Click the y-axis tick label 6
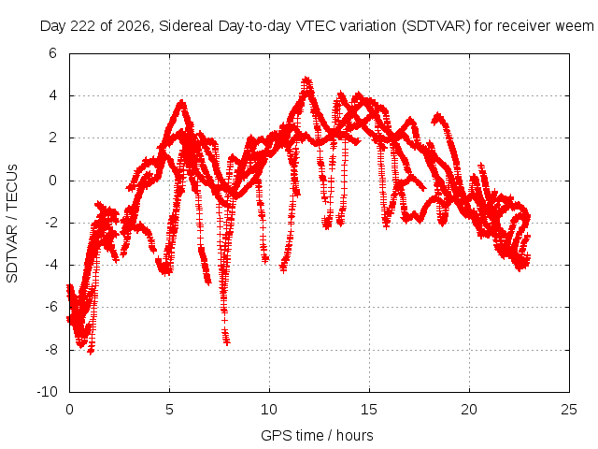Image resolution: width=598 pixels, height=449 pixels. [52, 53]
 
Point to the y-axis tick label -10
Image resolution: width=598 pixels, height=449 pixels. [47, 392]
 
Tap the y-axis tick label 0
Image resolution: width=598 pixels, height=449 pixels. [52, 181]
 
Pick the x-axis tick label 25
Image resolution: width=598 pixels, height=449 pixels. [569, 410]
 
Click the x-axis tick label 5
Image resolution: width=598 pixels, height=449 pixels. [169, 410]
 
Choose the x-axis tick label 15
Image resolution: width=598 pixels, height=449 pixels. [369, 410]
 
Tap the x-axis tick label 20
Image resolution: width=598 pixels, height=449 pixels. [469, 410]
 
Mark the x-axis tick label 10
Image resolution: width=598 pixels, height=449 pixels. [269, 410]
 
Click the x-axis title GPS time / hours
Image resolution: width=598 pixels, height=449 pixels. [317, 435]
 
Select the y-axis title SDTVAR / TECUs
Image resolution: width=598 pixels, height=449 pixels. [12, 224]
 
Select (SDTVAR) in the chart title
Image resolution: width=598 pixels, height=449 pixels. [435, 26]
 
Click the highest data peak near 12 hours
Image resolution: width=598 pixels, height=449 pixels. [306, 79]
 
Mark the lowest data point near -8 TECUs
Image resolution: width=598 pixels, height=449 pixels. [91, 352]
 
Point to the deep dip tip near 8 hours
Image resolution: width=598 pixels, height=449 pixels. [227, 342]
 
